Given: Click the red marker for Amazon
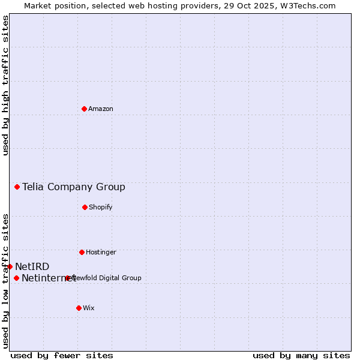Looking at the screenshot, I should [x=84, y=109].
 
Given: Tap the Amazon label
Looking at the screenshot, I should [x=101, y=109].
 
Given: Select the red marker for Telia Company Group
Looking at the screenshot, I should [x=17, y=187].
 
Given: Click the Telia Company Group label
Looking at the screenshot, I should [x=74, y=187].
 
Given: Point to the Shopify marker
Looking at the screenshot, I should [x=85, y=207].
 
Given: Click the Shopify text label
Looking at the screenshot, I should [x=101, y=208].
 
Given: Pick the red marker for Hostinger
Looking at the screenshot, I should [x=82, y=252].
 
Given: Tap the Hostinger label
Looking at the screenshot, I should [x=101, y=253].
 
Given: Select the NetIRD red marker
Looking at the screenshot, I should [x=10, y=266].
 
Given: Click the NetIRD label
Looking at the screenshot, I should [x=32, y=267].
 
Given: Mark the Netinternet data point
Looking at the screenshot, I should [x=16, y=278].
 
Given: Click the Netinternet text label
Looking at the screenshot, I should [x=48, y=278].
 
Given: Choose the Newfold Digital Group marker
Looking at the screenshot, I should [x=67, y=278].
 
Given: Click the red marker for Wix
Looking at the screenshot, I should [x=79, y=308].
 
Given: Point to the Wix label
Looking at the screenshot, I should [x=89, y=308].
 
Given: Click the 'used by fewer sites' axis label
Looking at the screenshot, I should [x=62, y=355].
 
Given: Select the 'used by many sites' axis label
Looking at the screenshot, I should [x=301, y=355].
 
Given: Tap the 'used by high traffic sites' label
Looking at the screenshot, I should [x=5, y=85].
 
